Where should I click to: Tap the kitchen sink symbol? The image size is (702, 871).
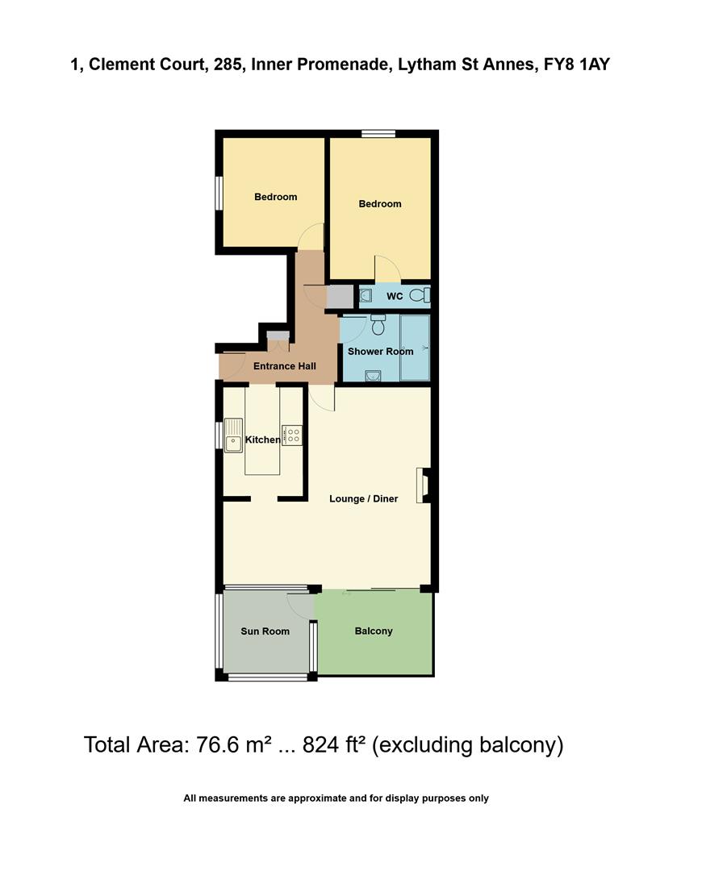233,435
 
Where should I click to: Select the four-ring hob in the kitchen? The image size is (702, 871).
291,435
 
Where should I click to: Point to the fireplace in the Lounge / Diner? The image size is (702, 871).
422,486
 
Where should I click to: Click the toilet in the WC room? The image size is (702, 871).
420,296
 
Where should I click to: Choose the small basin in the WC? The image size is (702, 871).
365,296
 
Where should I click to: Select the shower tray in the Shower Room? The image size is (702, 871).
415,347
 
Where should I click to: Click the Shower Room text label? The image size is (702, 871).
380,352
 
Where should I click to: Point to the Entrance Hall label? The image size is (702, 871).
284,366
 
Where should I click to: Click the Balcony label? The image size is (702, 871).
374,631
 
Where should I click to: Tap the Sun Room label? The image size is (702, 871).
265,631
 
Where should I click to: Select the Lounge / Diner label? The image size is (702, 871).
363,498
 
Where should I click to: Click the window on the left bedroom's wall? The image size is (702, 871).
218,194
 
